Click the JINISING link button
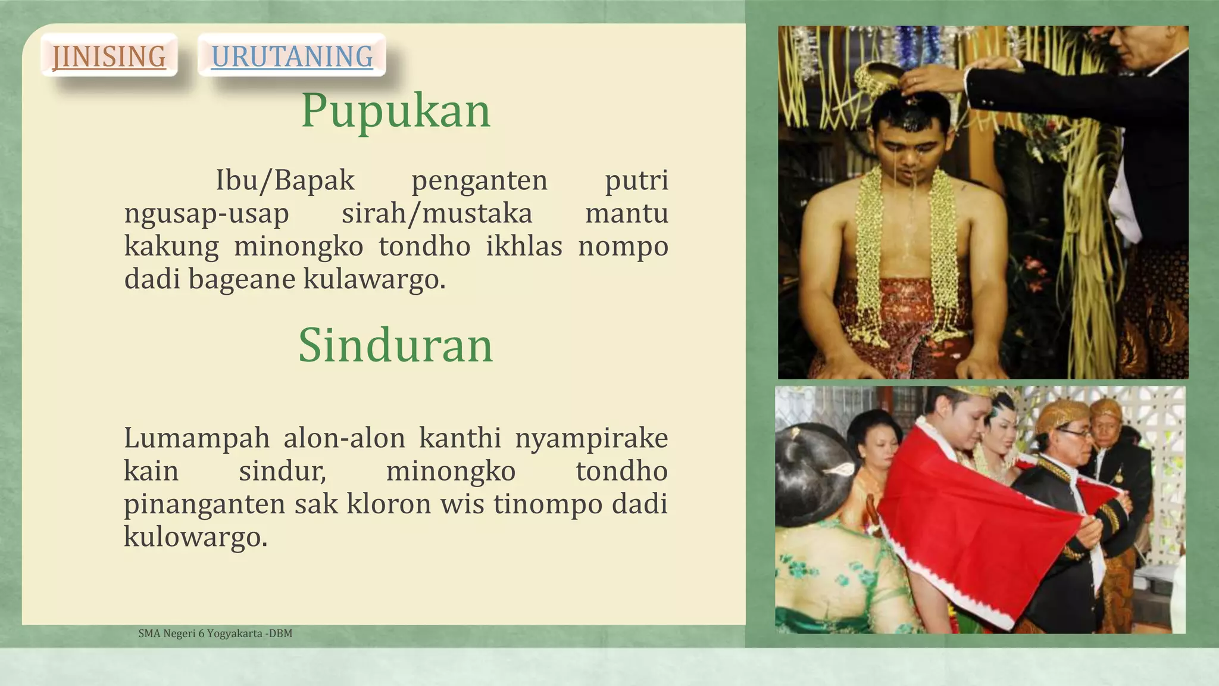109,56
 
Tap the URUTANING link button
292,56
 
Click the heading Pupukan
396,111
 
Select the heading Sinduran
396,345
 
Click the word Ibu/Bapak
285,180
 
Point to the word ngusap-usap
207,213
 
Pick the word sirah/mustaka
437,213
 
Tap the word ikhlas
524,246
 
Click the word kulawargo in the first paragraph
374,279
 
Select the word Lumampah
196,438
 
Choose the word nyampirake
591,438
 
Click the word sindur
283,471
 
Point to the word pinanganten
202,504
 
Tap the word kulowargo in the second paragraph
195,537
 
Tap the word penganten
479,180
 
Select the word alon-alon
344,438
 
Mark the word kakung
171,246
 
